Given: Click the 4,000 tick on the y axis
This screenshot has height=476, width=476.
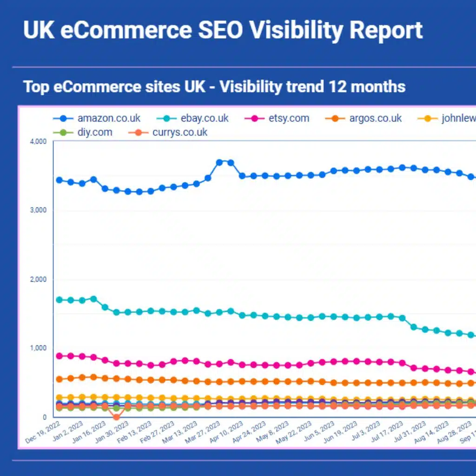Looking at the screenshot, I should pos(39,141).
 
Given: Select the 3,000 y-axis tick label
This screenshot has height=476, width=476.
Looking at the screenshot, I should pos(39,210).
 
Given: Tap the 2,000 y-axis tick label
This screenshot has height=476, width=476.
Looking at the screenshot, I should pos(39,279).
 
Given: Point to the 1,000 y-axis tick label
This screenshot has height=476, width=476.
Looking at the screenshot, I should pos(39,348).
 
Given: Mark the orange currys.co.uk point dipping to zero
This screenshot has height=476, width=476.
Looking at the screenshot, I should pos(116,417).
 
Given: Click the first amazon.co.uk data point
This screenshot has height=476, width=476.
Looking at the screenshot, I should pos(59,180).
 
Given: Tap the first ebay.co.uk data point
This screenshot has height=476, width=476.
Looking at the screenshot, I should pos(59,300).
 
